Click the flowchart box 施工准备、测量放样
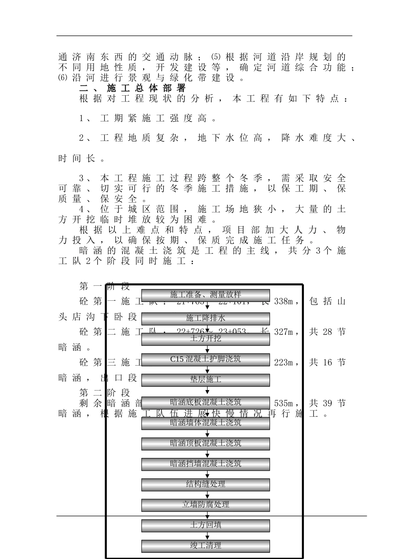click(205, 295)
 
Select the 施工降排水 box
click(205, 318)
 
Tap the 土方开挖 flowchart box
click(205, 339)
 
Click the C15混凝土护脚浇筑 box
click(205, 359)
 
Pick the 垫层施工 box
click(205, 380)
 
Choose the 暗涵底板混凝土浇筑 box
click(205, 402)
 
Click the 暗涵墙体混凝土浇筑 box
click(205, 423)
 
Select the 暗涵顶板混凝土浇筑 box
click(205, 443)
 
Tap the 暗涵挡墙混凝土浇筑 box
click(205, 464)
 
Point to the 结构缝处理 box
click(205, 484)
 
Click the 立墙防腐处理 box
click(205, 505)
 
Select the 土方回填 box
click(205, 525)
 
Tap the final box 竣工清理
click(205, 546)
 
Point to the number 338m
click(285, 301)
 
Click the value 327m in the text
click(285, 332)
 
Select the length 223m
click(285, 363)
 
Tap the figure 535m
click(285, 403)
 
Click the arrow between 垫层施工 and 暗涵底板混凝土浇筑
click(207, 391)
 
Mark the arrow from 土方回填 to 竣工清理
click(207, 536)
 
